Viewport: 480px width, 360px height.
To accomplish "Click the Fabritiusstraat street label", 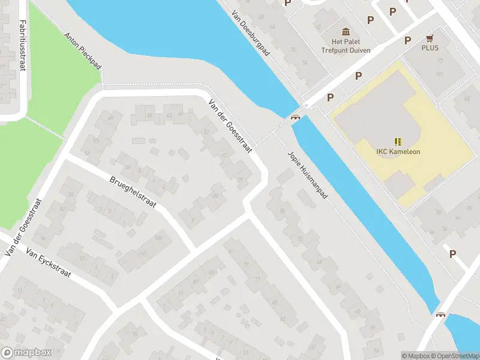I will [22, 45].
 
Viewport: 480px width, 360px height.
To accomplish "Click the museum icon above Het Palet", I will [346, 32].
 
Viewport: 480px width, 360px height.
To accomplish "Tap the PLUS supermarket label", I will [430, 47].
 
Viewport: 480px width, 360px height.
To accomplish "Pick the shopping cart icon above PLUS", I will [430, 37].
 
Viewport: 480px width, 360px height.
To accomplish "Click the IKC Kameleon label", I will [398, 152].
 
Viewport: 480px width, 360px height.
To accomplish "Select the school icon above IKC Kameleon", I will [398, 142].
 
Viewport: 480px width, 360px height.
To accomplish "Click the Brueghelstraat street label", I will [133, 192].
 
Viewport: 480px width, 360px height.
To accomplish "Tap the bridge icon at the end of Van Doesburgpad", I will [295, 116].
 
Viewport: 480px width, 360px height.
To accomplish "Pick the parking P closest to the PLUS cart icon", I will [407, 41].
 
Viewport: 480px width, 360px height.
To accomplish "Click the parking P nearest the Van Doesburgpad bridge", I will [330, 97].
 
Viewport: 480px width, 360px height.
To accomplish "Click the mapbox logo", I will [25, 353].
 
